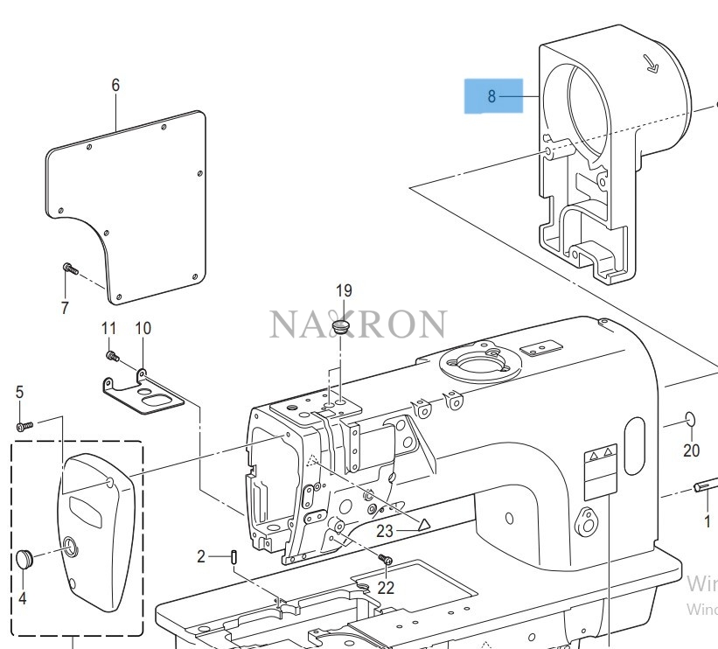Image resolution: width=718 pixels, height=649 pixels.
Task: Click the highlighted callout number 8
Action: pos(491,96)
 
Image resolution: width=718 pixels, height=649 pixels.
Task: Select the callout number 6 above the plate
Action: pos(115,85)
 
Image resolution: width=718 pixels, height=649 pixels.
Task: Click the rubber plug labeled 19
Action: pos(340,327)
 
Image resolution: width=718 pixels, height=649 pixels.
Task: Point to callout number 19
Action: pos(342,290)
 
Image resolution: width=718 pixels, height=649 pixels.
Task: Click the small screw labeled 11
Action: pos(112,356)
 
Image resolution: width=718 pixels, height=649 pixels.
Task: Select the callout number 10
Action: pos(143,328)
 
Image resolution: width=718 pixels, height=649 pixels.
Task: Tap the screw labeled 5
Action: pos(24,426)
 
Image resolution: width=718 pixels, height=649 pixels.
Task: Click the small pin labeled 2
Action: pos(235,556)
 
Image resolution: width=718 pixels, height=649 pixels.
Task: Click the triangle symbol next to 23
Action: pos(422,525)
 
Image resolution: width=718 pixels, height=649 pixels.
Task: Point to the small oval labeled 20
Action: pos(689,418)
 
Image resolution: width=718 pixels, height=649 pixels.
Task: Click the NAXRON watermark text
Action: pos(358,324)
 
